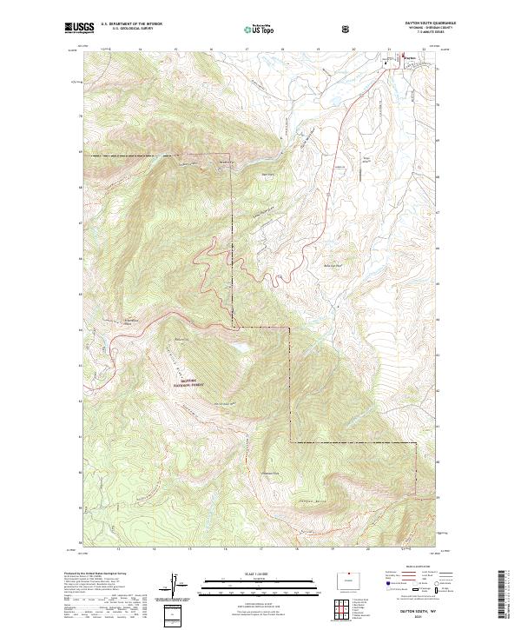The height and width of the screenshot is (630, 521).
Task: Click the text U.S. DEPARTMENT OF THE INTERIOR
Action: pos(130,23)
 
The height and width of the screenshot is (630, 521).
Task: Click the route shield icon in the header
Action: pos(347,29)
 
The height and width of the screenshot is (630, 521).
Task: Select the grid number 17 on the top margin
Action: pos(247,50)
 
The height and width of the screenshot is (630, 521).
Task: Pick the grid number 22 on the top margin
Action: pos(424,50)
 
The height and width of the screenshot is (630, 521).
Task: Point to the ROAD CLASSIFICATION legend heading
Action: pos(408,570)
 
